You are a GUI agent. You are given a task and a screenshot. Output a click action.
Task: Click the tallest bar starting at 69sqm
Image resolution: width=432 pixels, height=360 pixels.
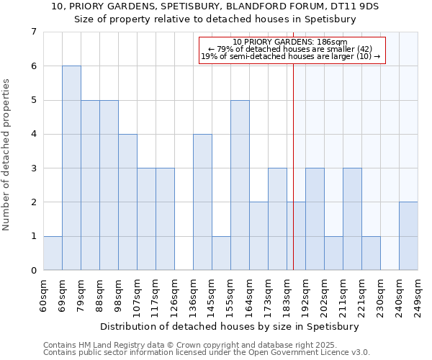click(x=71, y=168)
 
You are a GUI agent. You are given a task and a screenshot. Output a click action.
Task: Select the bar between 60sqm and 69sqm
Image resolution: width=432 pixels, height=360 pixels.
click(x=53, y=253)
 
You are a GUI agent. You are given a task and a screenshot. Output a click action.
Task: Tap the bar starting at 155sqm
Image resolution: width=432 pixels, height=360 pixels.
click(x=240, y=185)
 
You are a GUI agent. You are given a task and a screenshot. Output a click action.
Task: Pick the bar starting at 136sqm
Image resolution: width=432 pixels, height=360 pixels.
click(x=202, y=202)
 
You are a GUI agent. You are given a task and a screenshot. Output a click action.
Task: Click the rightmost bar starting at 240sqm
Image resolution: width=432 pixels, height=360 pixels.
click(x=408, y=236)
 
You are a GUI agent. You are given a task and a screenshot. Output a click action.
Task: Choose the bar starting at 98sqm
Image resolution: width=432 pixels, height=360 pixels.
click(x=127, y=202)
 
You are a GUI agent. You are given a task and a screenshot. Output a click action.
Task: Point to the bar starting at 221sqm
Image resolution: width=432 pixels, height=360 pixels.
click(x=371, y=253)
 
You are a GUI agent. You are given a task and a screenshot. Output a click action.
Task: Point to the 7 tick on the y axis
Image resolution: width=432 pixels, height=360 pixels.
click(x=33, y=32)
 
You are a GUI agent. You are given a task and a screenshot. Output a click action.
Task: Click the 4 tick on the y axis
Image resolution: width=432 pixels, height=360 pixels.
click(x=33, y=134)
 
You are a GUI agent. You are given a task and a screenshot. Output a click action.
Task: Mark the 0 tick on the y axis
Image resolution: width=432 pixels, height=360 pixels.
click(x=33, y=270)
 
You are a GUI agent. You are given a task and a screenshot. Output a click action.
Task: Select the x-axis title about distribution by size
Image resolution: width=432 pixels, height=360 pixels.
click(x=229, y=326)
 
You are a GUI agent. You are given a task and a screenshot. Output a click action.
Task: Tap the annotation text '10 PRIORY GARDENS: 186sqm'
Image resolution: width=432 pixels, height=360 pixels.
click(x=290, y=42)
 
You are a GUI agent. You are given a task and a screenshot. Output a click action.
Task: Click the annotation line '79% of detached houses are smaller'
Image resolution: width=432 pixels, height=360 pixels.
click(x=290, y=49)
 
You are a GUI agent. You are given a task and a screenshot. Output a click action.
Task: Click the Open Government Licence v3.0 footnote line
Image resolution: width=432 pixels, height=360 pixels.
click(x=207, y=353)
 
